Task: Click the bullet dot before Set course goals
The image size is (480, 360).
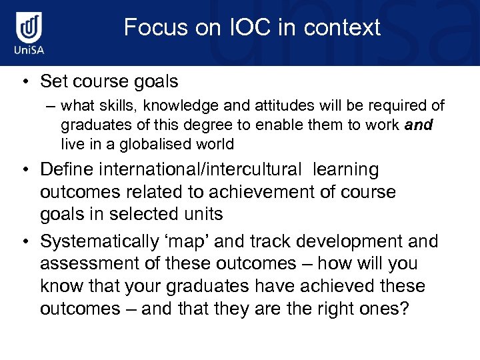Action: (x=24, y=82)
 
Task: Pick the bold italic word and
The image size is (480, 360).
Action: (x=418, y=125)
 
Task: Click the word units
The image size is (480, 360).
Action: (x=202, y=214)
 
